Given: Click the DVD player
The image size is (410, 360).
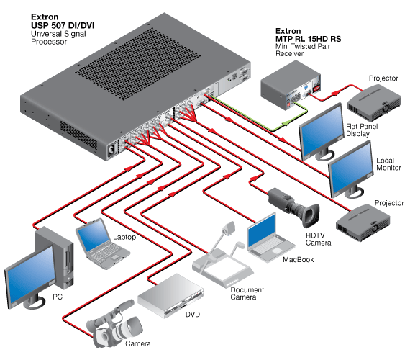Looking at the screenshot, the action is [x=170, y=295].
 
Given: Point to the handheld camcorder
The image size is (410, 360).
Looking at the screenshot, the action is [x=114, y=325].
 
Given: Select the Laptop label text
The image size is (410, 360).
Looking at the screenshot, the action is [x=124, y=237].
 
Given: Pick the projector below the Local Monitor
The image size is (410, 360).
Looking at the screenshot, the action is [x=363, y=222].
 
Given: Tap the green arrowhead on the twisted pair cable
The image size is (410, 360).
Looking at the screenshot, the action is [x=285, y=123].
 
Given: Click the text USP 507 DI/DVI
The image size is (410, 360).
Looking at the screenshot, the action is [x=63, y=25].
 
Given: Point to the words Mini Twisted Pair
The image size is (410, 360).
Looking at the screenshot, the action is [x=303, y=46].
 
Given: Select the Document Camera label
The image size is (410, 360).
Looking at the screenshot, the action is [x=247, y=293].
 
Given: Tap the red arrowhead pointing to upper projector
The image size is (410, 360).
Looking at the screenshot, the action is [x=336, y=92].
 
